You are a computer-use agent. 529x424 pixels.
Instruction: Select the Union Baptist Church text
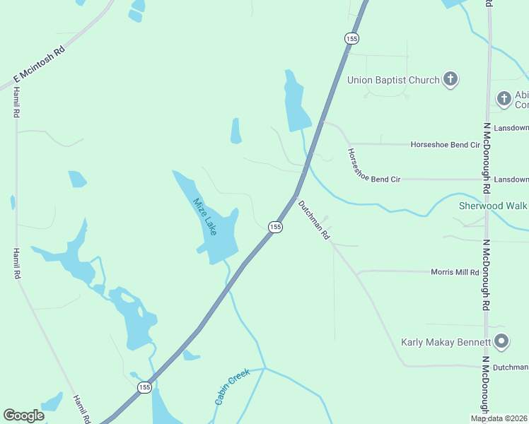click(393, 80)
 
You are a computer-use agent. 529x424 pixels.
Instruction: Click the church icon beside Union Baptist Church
click(450, 79)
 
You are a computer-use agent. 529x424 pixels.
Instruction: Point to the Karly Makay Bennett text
click(446, 342)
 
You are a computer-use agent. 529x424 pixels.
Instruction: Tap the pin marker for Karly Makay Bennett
click(501, 342)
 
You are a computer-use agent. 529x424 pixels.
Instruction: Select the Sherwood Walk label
click(494, 206)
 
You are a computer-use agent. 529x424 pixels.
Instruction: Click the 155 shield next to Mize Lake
click(275, 226)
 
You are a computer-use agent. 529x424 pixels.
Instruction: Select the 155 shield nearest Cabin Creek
click(144, 387)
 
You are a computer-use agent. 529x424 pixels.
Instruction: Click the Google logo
click(23, 416)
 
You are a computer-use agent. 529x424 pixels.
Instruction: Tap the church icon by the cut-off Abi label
click(504, 98)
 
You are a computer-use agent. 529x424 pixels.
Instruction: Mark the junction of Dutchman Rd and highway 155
click(296, 194)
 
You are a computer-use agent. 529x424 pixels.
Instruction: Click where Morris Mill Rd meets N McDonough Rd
click(487, 272)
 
